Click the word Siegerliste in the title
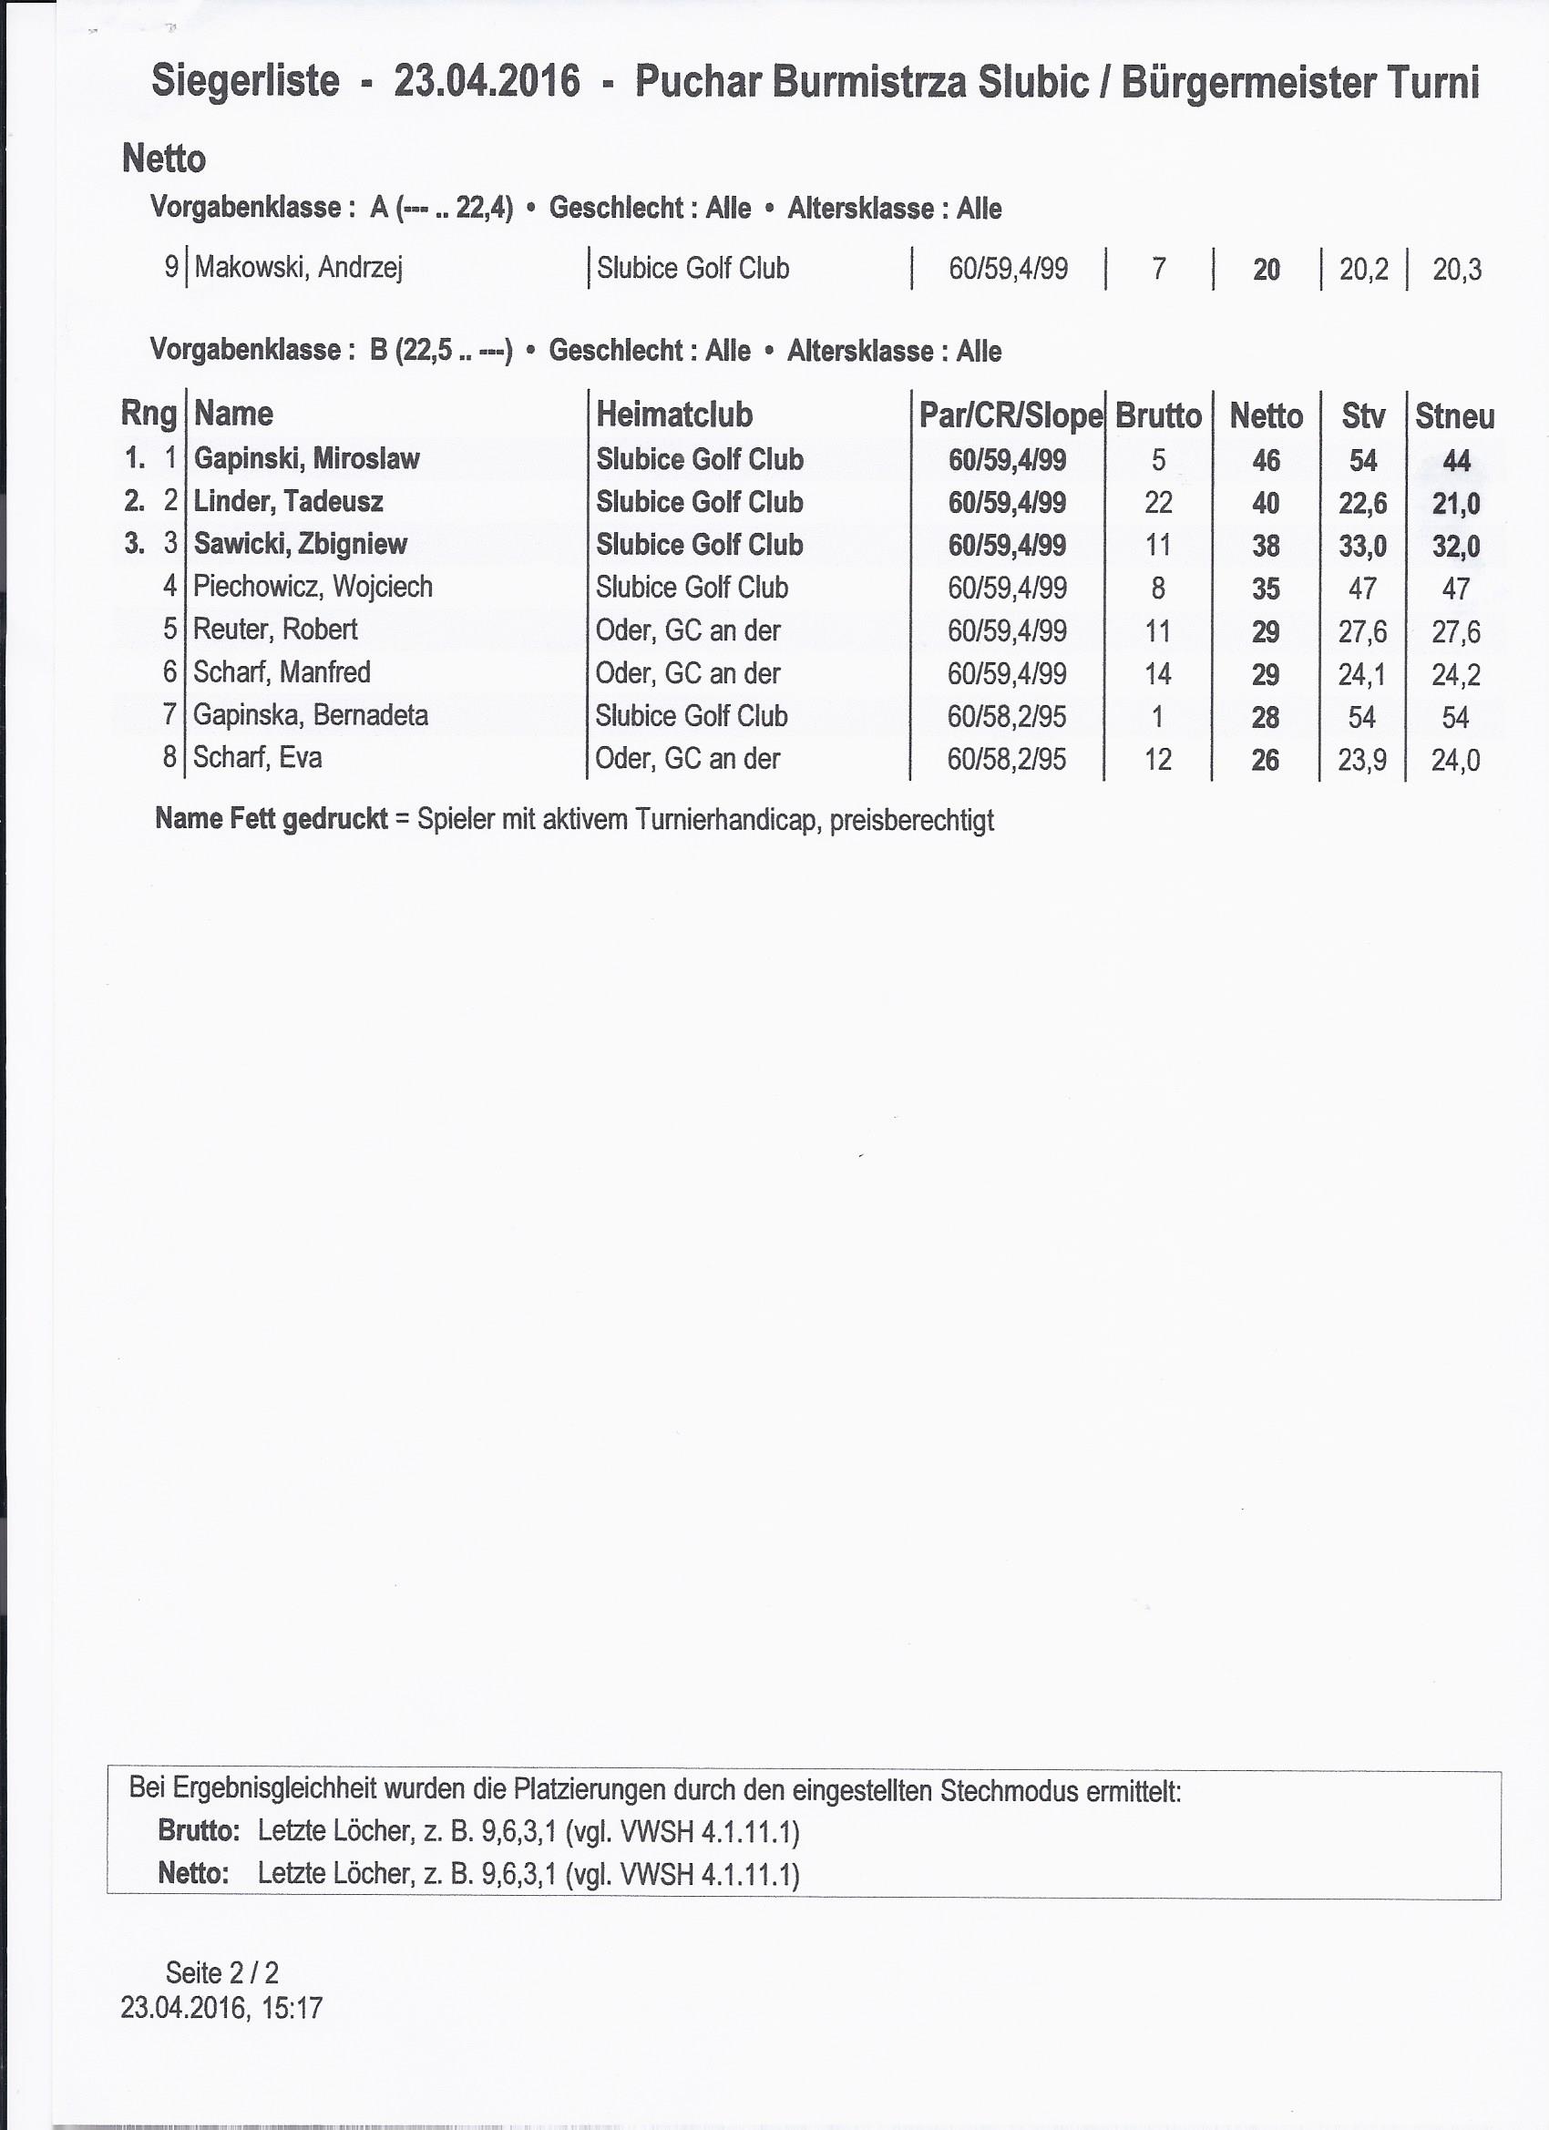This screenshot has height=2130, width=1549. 245,83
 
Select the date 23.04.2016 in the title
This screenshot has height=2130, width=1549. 487,83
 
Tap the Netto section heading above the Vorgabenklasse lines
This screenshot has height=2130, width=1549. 163,159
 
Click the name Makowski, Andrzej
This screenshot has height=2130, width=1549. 298,269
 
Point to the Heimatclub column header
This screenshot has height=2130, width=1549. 673,415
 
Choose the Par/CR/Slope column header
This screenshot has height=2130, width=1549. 1010,415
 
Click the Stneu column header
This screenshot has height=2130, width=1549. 1454,416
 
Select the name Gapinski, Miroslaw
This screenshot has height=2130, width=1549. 306,459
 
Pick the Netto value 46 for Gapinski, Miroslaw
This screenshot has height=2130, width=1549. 1266,460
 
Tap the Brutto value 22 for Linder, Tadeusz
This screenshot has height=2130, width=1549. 1157,503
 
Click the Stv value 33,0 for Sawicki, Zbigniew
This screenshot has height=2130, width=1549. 1362,546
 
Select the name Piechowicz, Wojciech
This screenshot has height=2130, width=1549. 313,587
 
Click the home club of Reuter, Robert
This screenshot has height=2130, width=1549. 688,630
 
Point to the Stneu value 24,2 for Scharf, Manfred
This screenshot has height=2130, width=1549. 1455,674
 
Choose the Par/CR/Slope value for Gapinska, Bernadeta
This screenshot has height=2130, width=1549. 1006,717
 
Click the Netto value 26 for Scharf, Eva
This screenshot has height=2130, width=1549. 1265,760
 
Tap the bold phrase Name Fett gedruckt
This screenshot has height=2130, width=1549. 271,819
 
